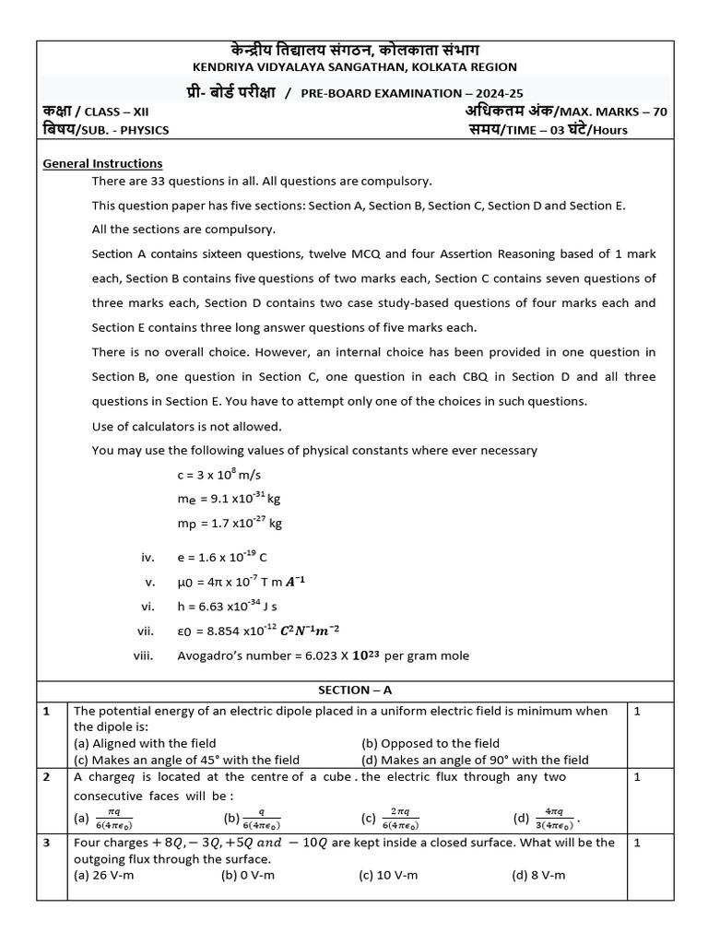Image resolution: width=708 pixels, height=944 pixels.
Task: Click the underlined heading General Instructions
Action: pos(103,163)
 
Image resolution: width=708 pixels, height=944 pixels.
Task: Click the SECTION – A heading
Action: pos(354,690)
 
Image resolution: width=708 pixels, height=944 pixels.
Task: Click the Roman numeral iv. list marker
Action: pos(147,558)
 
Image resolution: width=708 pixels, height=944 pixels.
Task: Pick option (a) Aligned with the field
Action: pos(145,743)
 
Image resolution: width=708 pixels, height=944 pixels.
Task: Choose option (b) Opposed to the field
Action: pos(431,743)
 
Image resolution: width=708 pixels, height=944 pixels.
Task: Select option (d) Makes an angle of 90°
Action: pos(475,760)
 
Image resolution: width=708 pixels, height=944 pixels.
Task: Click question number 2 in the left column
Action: pos(47,777)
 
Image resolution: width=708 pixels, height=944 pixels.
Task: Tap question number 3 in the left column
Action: pos(47,843)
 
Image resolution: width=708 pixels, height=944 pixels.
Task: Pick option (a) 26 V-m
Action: pos(103,875)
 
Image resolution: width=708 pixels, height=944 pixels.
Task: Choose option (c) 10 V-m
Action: pos(388,875)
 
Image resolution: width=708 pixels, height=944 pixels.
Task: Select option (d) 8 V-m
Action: pos(539,875)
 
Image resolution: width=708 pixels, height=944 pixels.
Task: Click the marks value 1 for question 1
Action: pos(637,711)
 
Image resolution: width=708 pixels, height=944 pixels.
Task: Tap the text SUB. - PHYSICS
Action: pos(124,130)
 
